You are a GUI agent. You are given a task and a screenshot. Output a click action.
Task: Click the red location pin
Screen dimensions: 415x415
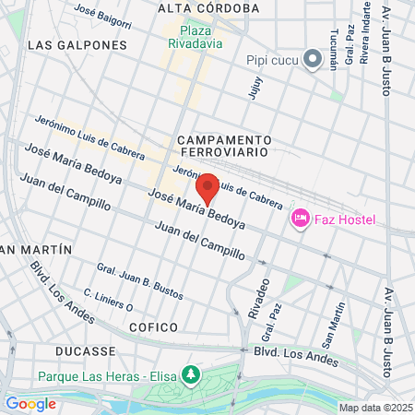click(207, 187)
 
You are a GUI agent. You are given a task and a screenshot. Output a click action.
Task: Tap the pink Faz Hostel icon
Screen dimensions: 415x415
click(300, 219)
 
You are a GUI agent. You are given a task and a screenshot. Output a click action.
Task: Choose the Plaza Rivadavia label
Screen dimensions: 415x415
click(195, 34)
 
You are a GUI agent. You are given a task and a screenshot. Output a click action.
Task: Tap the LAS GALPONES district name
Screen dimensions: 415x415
click(77, 44)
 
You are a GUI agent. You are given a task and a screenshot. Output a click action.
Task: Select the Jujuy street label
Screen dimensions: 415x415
click(255, 86)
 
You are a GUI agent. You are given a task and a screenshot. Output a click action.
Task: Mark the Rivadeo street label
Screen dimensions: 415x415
click(258, 296)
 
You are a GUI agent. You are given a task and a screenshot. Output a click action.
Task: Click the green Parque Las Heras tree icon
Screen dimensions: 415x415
click(191, 375)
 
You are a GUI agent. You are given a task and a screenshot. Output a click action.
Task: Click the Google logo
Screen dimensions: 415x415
click(30, 403)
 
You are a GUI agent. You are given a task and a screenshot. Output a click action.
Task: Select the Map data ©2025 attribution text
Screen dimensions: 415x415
click(374, 408)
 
